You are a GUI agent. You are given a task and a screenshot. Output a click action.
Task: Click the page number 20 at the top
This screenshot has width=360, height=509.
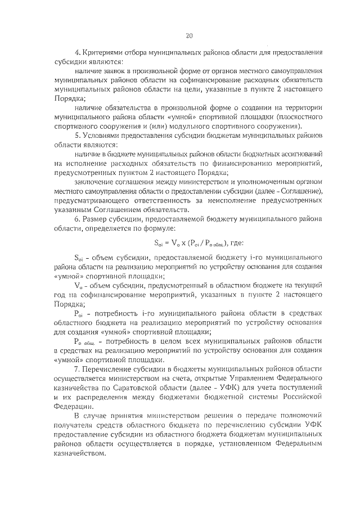(x=188, y=35)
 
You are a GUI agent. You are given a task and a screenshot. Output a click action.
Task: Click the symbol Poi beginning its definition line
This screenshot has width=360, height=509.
(x=79, y=313)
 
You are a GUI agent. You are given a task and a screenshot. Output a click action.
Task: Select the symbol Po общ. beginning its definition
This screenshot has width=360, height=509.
(x=85, y=341)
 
